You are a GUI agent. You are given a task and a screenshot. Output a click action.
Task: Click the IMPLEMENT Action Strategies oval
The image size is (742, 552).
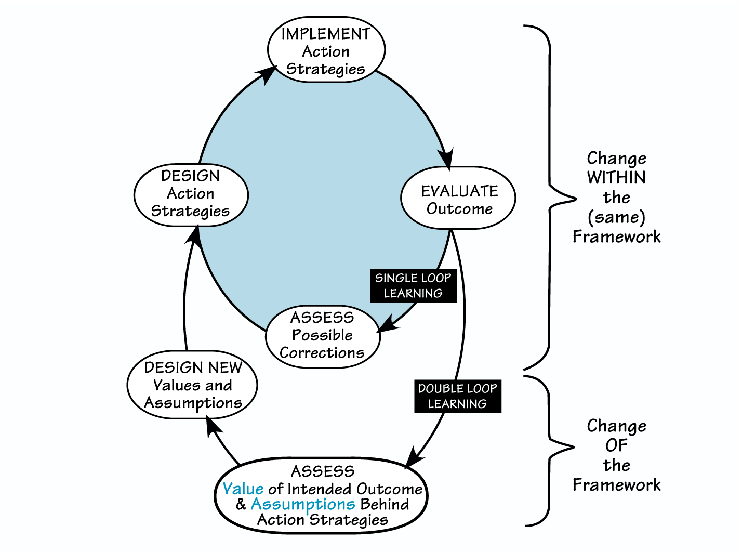point(326,50)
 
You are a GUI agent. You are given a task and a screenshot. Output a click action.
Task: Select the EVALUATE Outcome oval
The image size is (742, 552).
point(458,198)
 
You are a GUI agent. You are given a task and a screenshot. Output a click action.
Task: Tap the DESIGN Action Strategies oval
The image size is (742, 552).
point(191,194)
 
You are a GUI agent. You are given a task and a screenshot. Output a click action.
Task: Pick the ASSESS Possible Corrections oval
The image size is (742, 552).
point(323,336)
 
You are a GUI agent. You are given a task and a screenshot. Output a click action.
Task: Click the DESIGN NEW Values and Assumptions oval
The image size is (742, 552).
point(192,385)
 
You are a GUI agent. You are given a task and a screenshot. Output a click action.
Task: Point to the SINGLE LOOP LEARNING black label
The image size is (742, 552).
point(413,285)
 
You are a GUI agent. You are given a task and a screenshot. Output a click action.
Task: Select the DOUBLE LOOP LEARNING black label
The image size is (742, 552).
point(457,396)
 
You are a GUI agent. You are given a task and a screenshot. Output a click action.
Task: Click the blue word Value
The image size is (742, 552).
point(243,489)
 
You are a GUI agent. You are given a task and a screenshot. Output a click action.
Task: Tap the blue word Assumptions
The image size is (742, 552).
point(302,504)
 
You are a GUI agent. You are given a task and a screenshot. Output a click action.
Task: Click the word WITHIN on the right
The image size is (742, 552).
point(616,178)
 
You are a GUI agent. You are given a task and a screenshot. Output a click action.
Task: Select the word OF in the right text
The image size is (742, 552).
point(616,445)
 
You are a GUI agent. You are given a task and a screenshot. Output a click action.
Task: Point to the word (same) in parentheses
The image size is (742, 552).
point(616,217)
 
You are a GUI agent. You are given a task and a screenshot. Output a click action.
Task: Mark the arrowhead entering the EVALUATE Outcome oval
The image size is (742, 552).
point(446,158)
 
